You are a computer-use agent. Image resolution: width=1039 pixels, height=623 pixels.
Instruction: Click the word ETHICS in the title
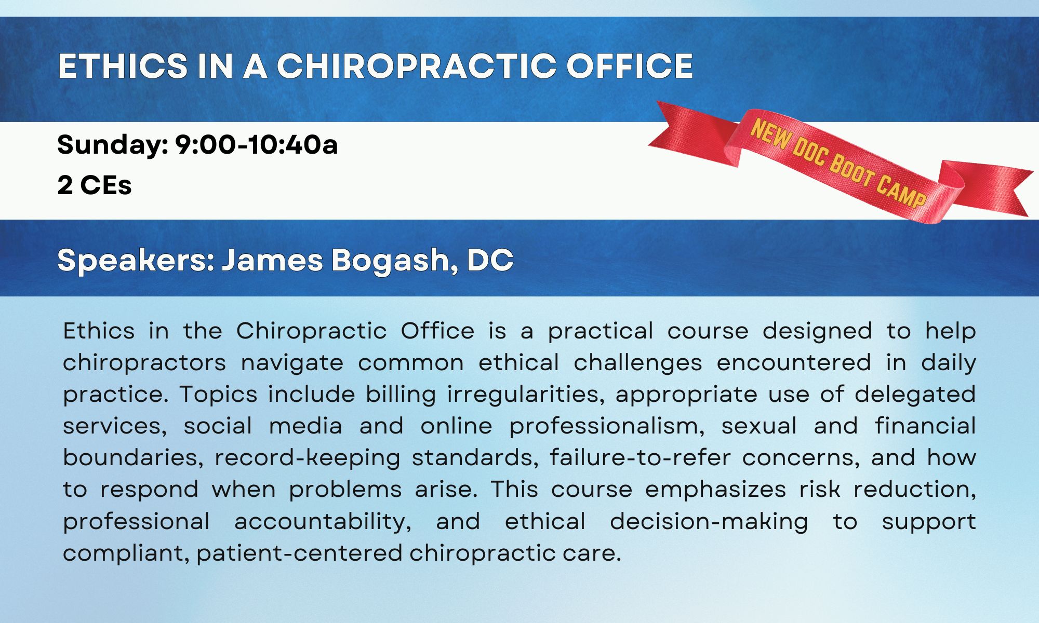(x=123, y=66)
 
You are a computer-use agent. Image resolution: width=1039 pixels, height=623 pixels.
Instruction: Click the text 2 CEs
(x=95, y=185)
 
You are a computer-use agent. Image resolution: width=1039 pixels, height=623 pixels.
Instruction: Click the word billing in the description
(x=401, y=395)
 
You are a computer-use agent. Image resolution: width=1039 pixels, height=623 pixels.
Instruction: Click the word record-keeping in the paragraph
(x=308, y=458)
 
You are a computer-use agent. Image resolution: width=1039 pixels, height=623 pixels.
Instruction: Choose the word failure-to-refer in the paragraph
(x=640, y=457)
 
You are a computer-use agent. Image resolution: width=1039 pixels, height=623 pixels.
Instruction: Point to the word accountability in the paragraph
(x=323, y=522)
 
